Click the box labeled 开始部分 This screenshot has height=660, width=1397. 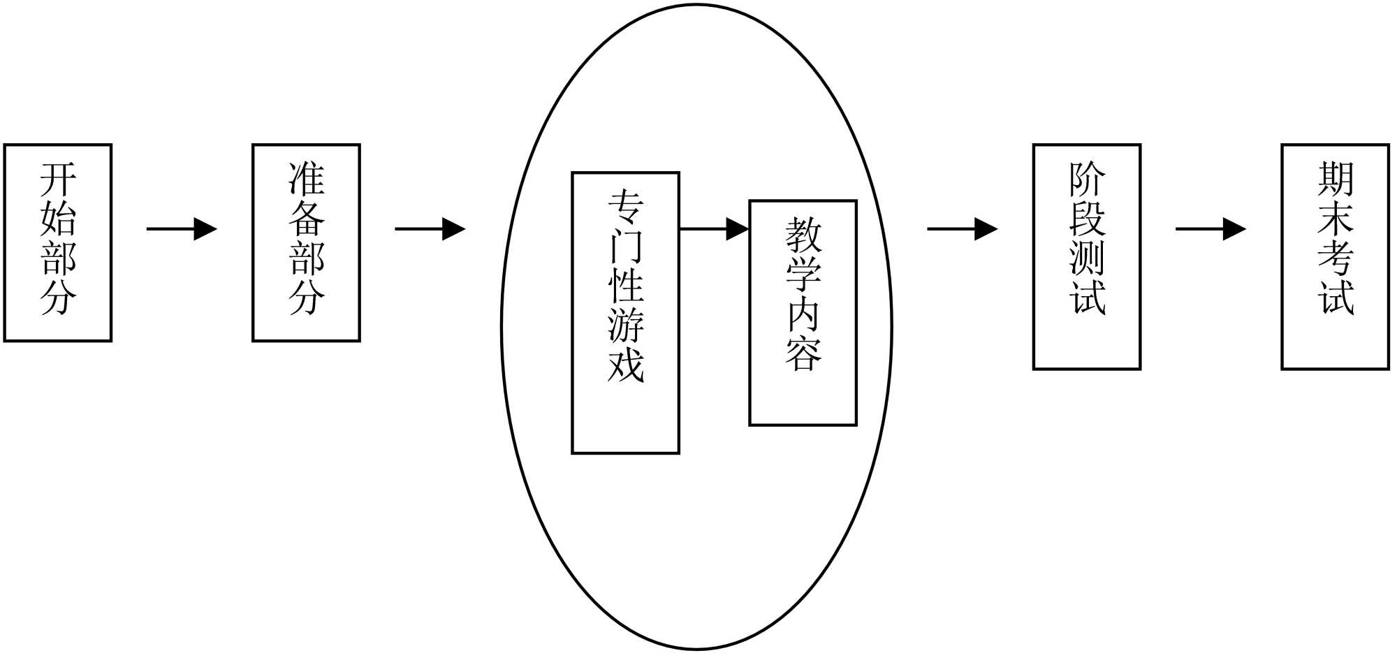(58, 242)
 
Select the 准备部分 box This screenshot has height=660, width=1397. (306, 242)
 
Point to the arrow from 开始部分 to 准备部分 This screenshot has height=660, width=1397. (182, 228)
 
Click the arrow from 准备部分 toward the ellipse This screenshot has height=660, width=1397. (430, 228)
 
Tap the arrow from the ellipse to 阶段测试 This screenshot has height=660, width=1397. (962, 228)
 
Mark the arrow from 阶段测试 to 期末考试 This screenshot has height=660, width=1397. (1211, 228)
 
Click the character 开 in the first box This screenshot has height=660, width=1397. (58, 179)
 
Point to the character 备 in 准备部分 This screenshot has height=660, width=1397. (306, 219)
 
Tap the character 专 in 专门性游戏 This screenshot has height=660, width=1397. (625, 207)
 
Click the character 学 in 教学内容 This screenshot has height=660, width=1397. (803, 274)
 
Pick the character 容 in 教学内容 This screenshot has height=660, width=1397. (803, 353)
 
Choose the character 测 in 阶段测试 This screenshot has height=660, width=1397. (1087, 258)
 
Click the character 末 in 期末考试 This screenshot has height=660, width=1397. (1335, 219)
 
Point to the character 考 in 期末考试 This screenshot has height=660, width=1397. (1335, 258)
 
